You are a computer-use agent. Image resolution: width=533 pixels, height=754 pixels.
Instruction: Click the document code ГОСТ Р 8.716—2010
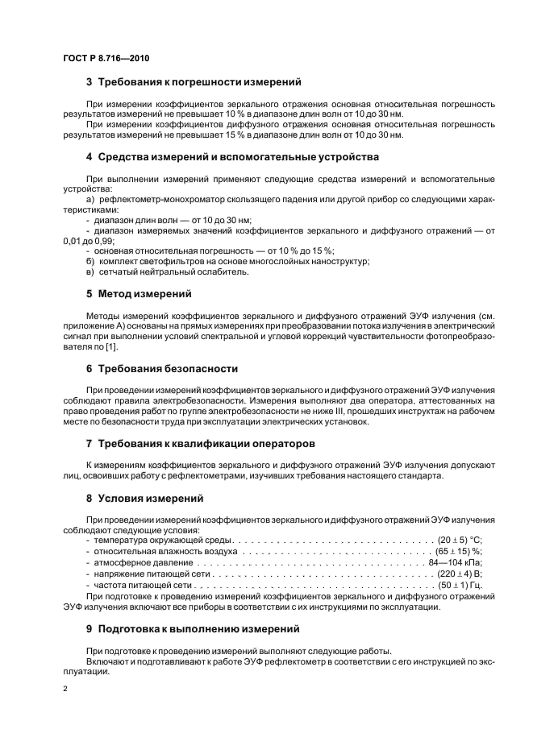(106, 58)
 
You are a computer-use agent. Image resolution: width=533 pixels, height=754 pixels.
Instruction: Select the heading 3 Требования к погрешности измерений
(194, 81)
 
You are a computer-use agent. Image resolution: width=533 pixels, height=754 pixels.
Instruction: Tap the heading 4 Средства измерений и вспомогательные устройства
(232, 156)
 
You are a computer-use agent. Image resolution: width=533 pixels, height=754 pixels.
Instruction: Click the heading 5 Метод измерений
(139, 293)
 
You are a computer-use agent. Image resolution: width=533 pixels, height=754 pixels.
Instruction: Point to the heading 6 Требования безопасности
(161, 368)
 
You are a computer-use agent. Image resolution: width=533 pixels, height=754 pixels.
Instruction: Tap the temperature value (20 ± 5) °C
(458, 540)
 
